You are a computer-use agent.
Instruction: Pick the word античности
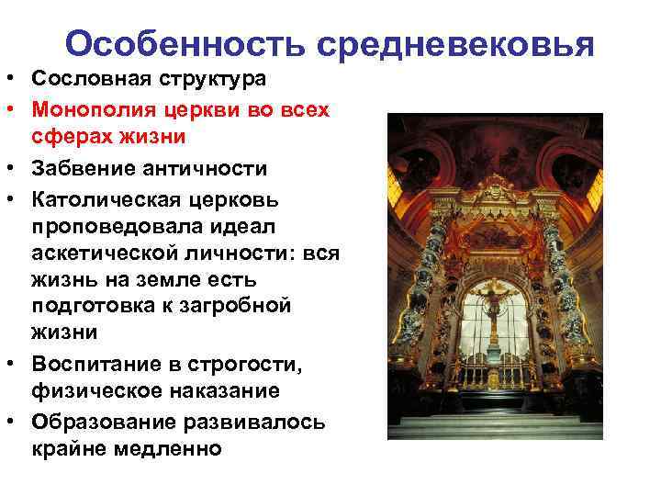(204, 170)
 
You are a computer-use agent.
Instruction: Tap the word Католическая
(104, 199)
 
